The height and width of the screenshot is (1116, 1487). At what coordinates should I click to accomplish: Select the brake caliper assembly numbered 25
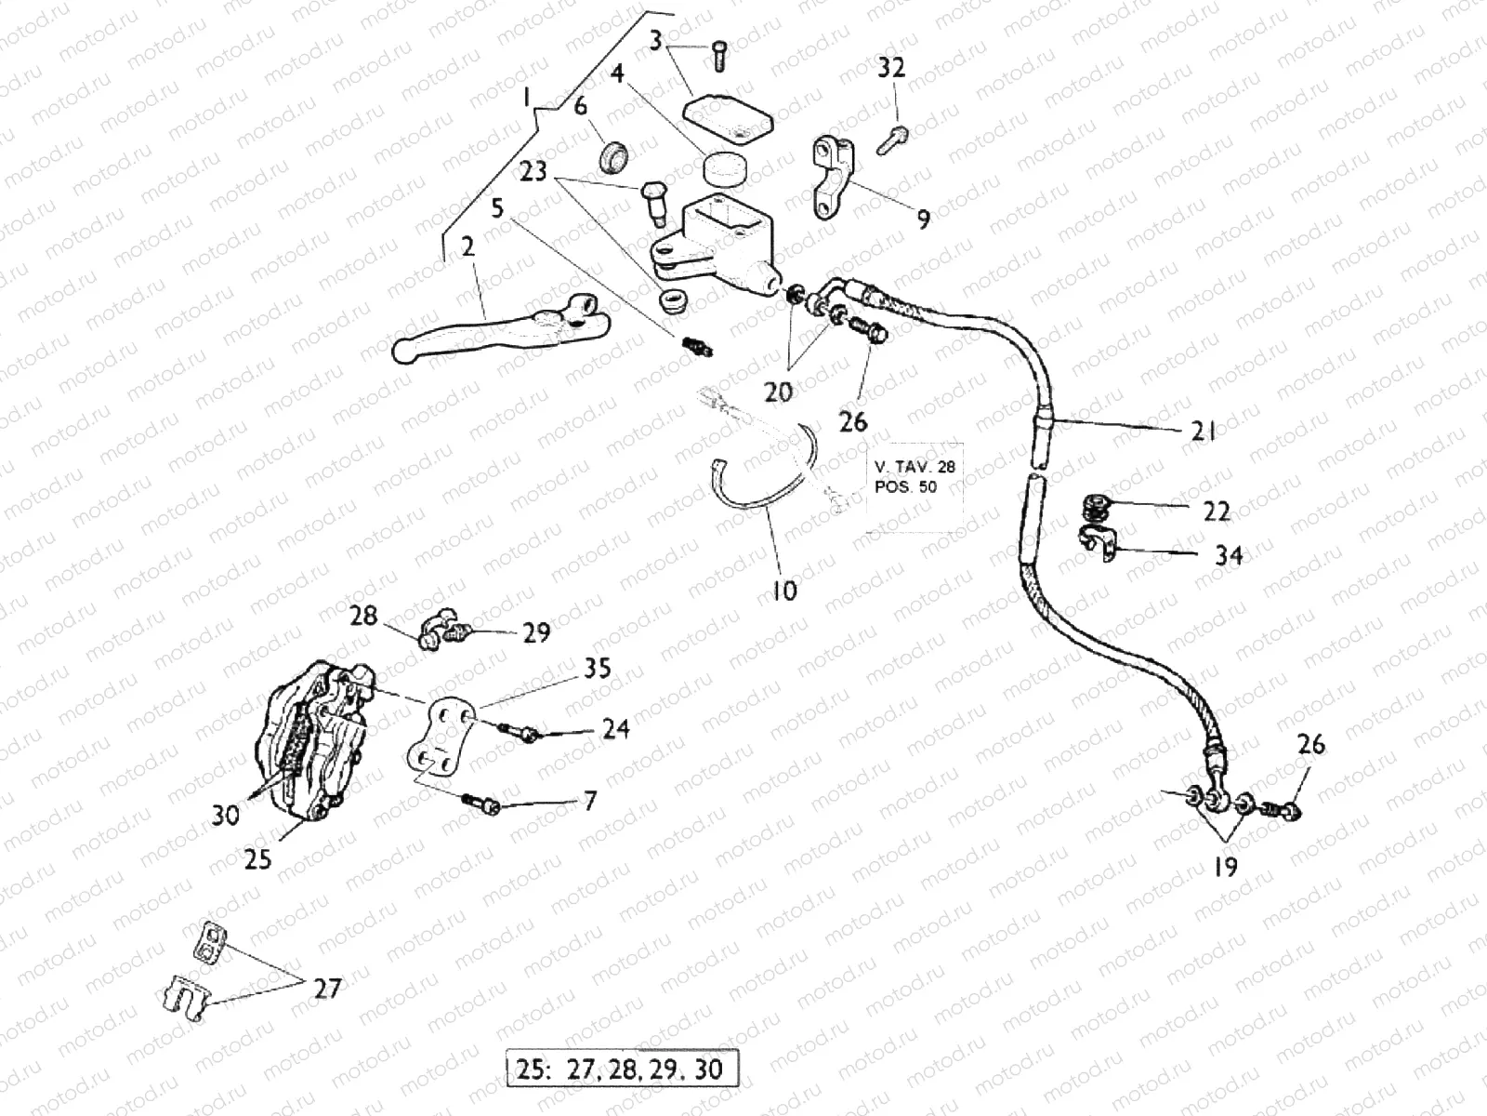point(311,739)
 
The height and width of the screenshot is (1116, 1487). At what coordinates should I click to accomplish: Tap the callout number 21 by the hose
point(1204,430)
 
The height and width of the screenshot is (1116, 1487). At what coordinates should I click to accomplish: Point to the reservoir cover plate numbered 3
point(730,118)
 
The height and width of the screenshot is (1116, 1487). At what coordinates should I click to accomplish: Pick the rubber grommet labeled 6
point(613,155)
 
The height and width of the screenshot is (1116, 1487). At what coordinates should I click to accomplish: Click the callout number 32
point(891,68)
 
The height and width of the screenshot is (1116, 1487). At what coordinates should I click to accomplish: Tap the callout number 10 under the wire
point(784,590)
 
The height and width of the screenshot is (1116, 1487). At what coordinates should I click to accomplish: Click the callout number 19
point(1226,867)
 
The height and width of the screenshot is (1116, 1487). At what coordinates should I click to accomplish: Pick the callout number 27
point(327,988)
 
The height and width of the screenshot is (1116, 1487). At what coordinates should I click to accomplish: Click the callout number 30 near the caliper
point(226,815)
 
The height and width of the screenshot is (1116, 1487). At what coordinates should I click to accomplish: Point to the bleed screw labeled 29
point(454,633)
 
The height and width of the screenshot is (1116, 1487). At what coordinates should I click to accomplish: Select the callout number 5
point(497,207)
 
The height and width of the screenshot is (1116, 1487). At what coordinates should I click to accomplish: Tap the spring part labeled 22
point(1098,508)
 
